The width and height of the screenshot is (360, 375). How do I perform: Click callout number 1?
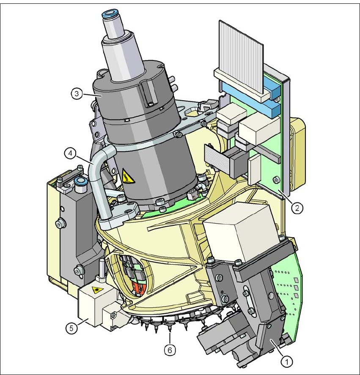[287, 361]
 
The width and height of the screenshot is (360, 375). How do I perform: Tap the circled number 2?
[297, 208]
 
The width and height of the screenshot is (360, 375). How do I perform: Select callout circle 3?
[77, 93]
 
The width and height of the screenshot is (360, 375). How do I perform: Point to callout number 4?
[70, 153]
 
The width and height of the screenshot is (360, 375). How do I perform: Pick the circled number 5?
[71, 328]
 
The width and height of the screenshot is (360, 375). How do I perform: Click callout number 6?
[170, 350]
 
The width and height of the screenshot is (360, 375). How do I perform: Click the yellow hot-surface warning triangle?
[128, 176]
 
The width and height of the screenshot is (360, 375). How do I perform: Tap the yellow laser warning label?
[97, 290]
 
